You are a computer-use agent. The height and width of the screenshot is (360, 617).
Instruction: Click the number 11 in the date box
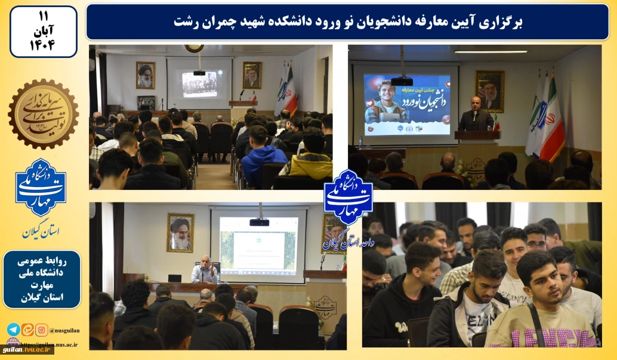[43, 14]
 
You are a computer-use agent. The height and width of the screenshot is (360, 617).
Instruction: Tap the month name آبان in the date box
[43, 29]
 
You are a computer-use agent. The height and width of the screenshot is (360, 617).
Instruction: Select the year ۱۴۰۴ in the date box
[43, 45]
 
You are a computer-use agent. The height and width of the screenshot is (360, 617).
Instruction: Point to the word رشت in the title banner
[185, 22]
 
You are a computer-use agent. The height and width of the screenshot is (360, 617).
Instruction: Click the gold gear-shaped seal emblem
[43, 113]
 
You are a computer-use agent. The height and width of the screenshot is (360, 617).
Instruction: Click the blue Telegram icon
[13, 330]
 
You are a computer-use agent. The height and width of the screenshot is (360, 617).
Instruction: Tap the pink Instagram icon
[41, 330]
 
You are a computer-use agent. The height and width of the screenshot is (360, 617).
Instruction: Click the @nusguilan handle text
[64, 330]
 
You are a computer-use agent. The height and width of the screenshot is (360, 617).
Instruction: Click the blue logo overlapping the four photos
[348, 197]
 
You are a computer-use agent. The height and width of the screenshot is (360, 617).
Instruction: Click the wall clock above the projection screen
[193, 48]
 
